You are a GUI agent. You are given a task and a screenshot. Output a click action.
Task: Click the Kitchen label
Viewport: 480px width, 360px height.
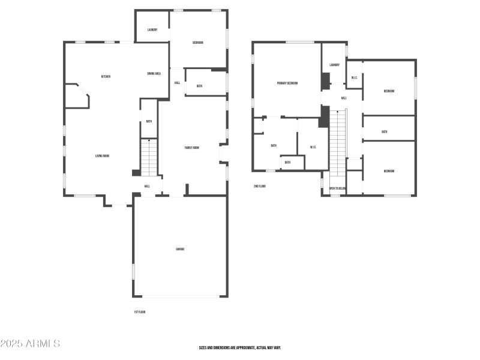pos(106,76)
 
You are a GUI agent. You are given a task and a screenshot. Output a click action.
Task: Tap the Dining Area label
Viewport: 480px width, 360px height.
pos(154,73)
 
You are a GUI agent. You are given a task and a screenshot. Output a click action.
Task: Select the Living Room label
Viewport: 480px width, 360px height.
pos(102,156)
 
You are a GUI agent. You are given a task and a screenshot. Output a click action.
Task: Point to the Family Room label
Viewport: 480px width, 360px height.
pos(192,148)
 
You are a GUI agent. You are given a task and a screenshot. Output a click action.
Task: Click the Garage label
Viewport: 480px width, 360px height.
pos(180,248)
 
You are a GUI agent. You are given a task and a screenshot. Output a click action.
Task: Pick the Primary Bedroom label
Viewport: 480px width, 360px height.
pos(287,83)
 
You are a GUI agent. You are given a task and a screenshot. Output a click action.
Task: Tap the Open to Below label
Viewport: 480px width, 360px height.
pos(337,188)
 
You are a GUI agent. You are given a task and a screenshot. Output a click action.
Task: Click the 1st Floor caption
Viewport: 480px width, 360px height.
pos(140,312)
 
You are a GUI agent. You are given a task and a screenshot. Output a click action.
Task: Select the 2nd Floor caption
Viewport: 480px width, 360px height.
pos(260,186)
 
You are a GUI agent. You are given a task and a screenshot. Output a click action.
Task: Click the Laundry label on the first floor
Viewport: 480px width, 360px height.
pos(152,29)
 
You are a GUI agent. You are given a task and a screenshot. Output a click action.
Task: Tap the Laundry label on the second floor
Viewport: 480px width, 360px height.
pos(334,65)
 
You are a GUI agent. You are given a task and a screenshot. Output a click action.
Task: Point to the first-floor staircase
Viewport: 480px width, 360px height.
pos(149,157)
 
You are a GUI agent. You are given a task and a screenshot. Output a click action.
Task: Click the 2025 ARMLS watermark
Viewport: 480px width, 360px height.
pos(30,344)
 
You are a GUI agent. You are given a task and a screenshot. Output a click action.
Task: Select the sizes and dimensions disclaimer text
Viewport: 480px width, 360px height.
pos(240,347)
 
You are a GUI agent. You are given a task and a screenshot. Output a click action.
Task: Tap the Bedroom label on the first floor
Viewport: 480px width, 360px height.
pos(198,43)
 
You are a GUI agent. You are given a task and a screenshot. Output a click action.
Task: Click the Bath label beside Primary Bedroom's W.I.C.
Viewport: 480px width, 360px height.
pos(274,145)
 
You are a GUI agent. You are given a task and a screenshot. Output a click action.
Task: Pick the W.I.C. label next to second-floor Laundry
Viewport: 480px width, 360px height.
pos(355,77)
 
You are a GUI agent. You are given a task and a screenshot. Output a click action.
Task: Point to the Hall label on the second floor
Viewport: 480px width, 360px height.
pos(344,98)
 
